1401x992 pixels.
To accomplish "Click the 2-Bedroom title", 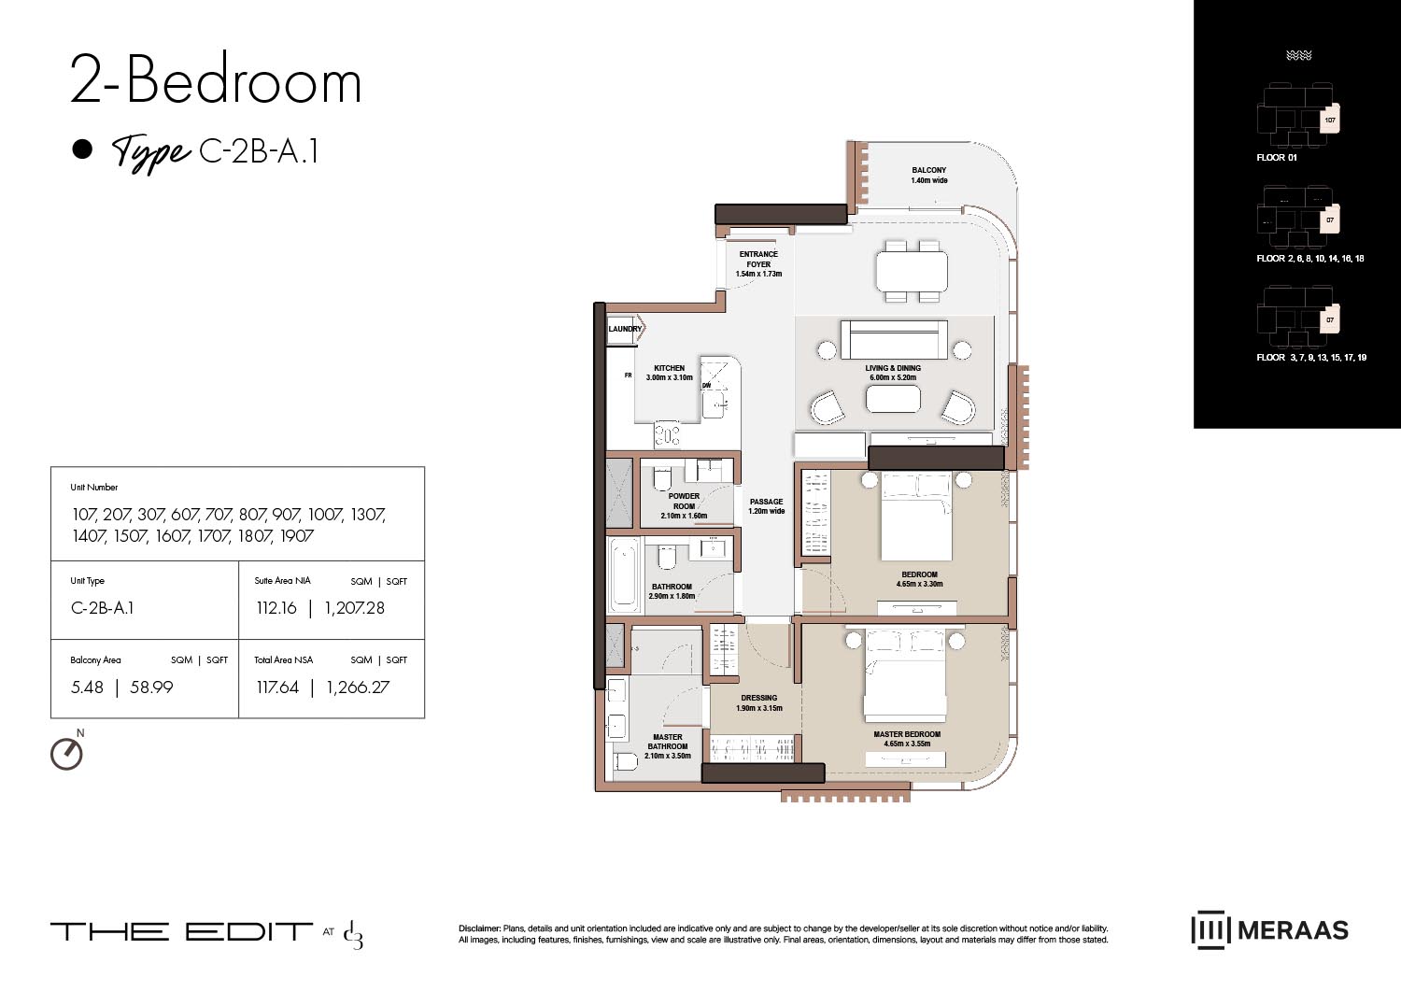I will click(x=216, y=81).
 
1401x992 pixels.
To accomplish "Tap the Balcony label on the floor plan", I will click(x=928, y=175).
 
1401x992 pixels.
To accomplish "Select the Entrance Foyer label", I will click(x=758, y=263).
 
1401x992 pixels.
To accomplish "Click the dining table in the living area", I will click(x=912, y=271).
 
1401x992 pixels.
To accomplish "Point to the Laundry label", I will click(x=625, y=329).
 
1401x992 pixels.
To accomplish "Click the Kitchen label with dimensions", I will click(x=669, y=373).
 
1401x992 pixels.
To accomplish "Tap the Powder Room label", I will click(x=684, y=505).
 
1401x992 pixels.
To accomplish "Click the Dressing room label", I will click(x=758, y=702).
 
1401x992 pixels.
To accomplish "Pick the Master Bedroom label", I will click(x=907, y=739).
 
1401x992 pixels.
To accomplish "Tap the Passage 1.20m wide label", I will click(x=766, y=506).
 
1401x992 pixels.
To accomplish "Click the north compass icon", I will click(x=66, y=753).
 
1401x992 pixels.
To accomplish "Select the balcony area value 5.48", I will click(x=87, y=687).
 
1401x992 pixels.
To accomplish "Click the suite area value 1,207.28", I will click(x=354, y=608).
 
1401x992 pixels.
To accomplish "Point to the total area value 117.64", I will click(x=277, y=687).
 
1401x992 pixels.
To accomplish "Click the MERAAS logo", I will click(x=1270, y=930).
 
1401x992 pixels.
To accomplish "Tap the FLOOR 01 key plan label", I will click(x=1276, y=158).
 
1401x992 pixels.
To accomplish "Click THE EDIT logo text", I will click(x=181, y=931).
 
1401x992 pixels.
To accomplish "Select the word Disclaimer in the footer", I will click(x=479, y=928).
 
